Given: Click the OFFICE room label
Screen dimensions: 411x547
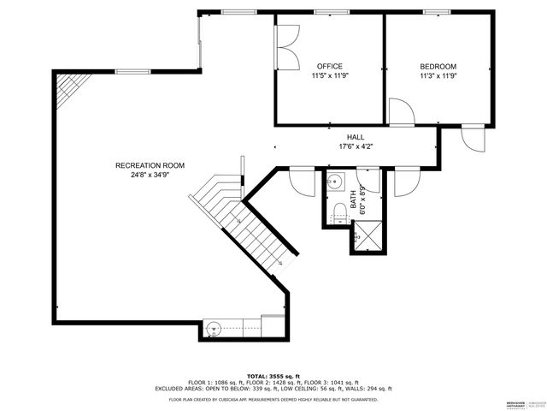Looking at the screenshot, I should [329, 67].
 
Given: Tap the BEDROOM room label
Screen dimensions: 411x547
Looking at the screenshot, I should [438, 67].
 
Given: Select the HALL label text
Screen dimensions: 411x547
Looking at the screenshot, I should [355, 137].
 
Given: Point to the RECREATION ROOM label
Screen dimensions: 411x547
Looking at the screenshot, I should [150, 165].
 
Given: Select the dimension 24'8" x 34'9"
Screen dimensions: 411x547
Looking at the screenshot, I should [150, 175].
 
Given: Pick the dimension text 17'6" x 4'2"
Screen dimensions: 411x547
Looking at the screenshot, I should [355, 146].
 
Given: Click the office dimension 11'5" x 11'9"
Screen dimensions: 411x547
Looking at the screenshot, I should [329, 76].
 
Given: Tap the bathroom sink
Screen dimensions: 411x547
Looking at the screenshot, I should [336, 182].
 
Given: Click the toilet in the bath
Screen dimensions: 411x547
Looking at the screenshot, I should [338, 211].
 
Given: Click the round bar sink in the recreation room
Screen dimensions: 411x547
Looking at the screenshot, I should [214, 327].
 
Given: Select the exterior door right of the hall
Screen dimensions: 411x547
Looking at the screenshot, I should [472, 137].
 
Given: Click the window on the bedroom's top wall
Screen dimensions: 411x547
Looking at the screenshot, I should [437, 12].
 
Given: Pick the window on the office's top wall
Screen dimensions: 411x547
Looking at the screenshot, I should [326, 12].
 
